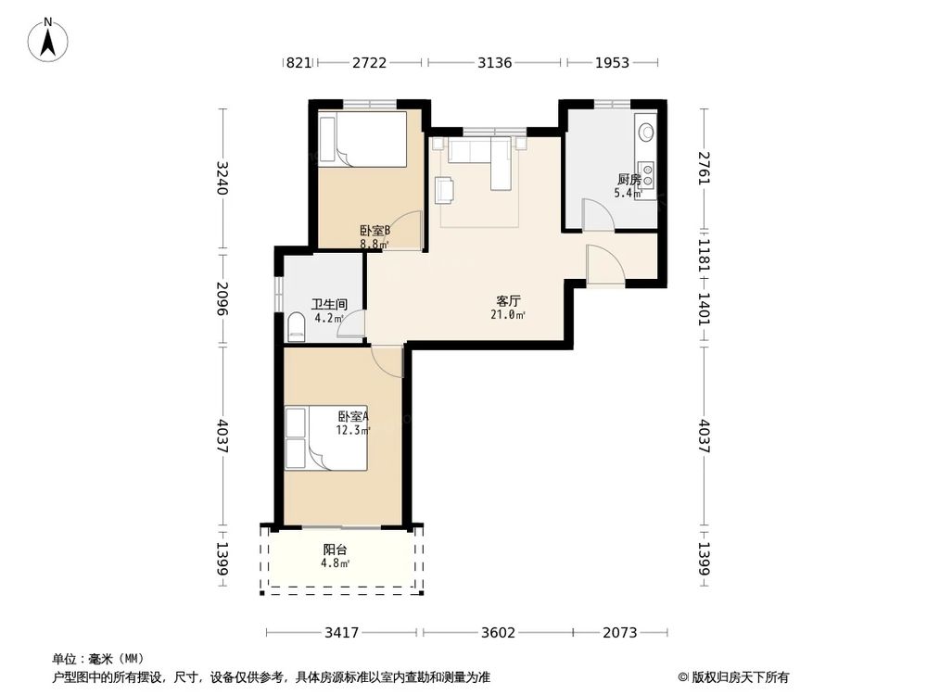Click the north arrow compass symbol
[x=48, y=40]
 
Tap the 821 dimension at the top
[x=298, y=62]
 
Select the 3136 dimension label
[x=495, y=62]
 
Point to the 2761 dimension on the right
[x=704, y=168]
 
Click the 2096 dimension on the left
[x=222, y=297]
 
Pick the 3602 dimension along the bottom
[x=498, y=633]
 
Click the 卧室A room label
[x=353, y=417]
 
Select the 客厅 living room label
[x=508, y=301]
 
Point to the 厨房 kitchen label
[x=629, y=179]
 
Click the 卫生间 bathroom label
[x=329, y=304]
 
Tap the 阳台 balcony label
[x=336, y=550]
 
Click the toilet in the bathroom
[x=296, y=328]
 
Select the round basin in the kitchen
[x=646, y=132]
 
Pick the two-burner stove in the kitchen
[x=646, y=172]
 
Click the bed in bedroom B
[x=362, y=139]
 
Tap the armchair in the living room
[x=445, y=189]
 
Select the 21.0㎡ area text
[x=508, y=315]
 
